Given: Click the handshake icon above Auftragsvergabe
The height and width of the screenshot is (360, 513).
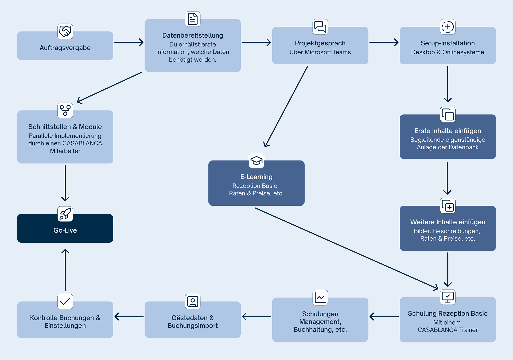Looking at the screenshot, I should [x=65, y=32].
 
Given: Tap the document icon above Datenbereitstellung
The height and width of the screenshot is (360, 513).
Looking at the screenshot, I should [x=193, y=19].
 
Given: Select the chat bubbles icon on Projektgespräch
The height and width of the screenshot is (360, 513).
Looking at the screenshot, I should [x=320, y=27].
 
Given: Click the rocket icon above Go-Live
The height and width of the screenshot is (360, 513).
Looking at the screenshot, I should [x=65, y=214].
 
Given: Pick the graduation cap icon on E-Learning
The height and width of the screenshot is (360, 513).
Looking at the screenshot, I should [x=256, y=161].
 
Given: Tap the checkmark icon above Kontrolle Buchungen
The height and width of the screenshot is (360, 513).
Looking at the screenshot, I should [x=65, y=302].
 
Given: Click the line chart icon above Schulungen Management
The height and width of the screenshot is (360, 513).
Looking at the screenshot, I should [x=320, y=298].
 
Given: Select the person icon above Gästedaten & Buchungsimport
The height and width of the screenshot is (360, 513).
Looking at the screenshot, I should [x=193, y=302].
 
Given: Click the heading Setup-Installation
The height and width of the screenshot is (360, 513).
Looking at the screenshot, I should [x=448, y=43].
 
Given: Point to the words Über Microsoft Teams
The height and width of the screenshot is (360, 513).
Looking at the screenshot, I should [x=320, y=52].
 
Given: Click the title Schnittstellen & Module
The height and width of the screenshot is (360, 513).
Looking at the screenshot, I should [x=65, y=127].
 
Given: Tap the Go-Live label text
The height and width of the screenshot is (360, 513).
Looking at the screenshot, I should [x=65, y=230].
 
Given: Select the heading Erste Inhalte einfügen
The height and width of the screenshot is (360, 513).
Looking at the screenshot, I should [x=448, y=131].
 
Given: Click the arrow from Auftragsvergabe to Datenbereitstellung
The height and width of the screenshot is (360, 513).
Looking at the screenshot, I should [x=129, y=42].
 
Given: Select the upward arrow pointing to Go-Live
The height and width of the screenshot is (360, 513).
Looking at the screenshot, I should [x=65, y=270].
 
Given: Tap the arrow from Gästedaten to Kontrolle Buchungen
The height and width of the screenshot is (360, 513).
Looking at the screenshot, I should [x=129, y=316].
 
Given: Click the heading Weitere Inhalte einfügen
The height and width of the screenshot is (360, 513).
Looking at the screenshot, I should [x=448, y=222].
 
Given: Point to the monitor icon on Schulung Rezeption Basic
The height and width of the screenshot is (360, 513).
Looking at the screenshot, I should [x=448, y=297].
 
